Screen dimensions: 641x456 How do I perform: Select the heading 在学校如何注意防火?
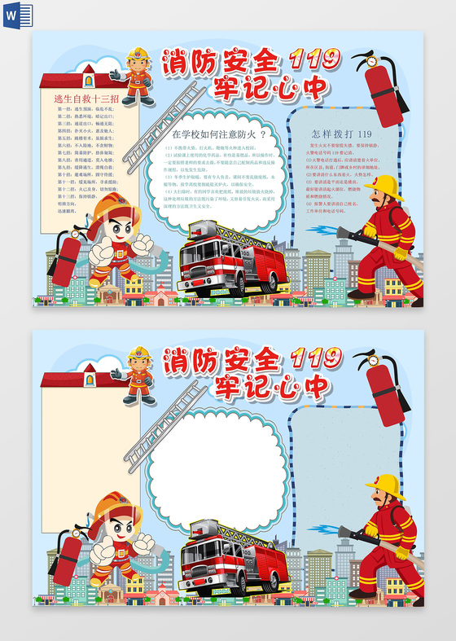tap(220, 134)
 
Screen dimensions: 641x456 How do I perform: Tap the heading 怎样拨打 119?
tap(341, 134)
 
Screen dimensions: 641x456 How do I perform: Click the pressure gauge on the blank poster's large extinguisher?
tap(371, 358)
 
